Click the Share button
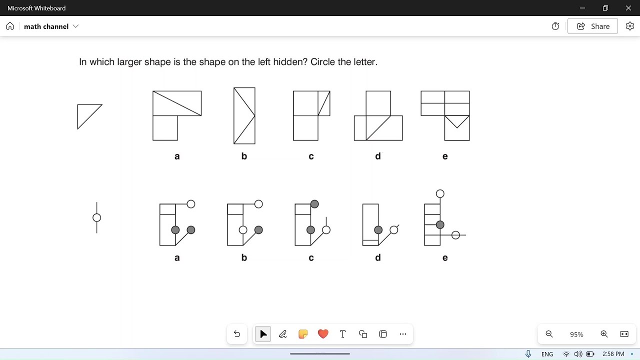pyautogui.click(x=592, y=26)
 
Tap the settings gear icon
pyautogui.click(x=629, y=26)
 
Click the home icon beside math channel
pyautogui.click(x=10, y=26)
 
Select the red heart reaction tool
pyautogui.click(x=323, y=334)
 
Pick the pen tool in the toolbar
pyautogui.click(x=283, y=334)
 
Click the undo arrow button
pyautogui.click(x=237, y=334)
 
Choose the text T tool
pyautogui.click(x=343, y=334)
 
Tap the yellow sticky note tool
pyautogui.click(x=303, y=334)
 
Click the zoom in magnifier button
pyautogui.click(x=604, y=334)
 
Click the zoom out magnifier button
pyautogui.click(x=549, y=334)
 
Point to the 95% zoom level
pyautogui.click(x=576, y=334)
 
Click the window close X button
pyautogui.click(x=628, y=8)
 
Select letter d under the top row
pyautogui.click(x=378, y=156)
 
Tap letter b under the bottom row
pyautogui.click(x=244, y=258)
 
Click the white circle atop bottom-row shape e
pyautogui.click(x=440, y=194)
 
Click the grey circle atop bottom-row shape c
pyautogui.click(x=314, y=204)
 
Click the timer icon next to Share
pyautogui.click(x=555, y=26)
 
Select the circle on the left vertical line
pyautogui.click(x=97, y=217)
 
